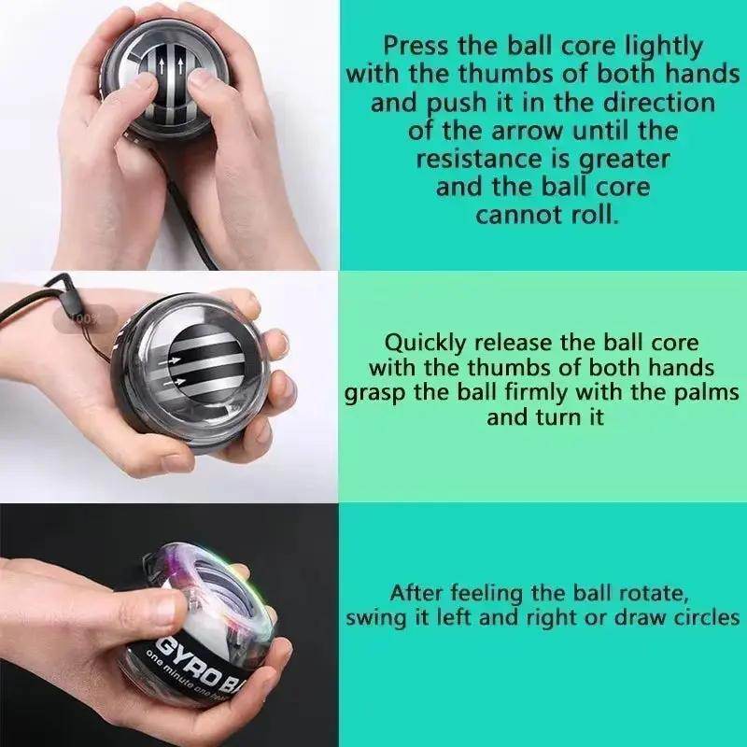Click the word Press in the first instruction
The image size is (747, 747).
tap(416, 45)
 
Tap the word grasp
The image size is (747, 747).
tap(376, 392)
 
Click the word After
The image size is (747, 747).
tap(418, 593)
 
